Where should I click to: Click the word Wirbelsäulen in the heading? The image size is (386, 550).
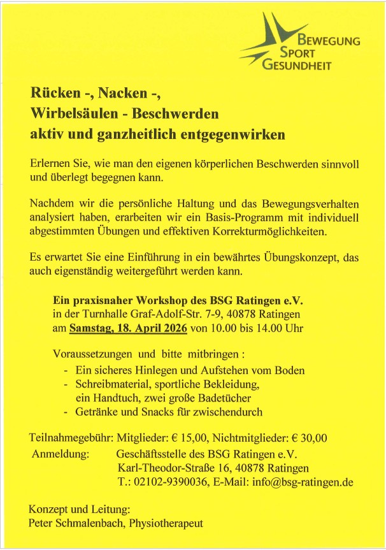tap(71, 115)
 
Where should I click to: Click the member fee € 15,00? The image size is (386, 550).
tap(187, 438)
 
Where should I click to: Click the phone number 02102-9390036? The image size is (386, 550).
tap(170, 482)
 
